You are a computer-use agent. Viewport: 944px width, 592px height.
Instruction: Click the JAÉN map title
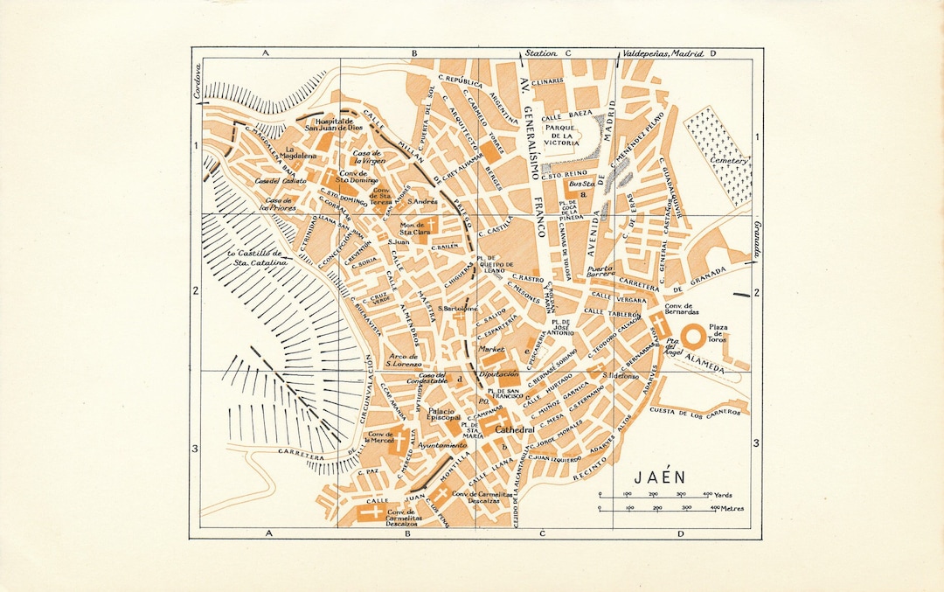tap(660, 477)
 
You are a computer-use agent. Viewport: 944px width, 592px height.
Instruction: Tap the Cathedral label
tap(514, 431)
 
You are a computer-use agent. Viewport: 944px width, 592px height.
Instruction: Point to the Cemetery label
tap(730, 162)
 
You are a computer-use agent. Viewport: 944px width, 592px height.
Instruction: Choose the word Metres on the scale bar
tap(728, 507)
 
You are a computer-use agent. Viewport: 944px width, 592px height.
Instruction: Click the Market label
tap(492, 348)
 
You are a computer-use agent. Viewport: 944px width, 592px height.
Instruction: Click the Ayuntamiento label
tap(442, 445)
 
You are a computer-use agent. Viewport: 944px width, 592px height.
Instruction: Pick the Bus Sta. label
tap(581, 185)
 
